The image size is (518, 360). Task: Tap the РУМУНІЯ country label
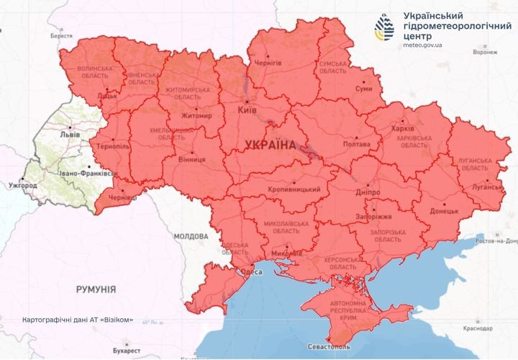[96, 289]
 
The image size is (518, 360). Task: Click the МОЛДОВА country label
[191, 235]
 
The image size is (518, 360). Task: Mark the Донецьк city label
[444, 211]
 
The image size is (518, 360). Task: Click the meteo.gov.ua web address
[423, 45]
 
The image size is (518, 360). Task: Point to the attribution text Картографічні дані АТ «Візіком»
[78, 319]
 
